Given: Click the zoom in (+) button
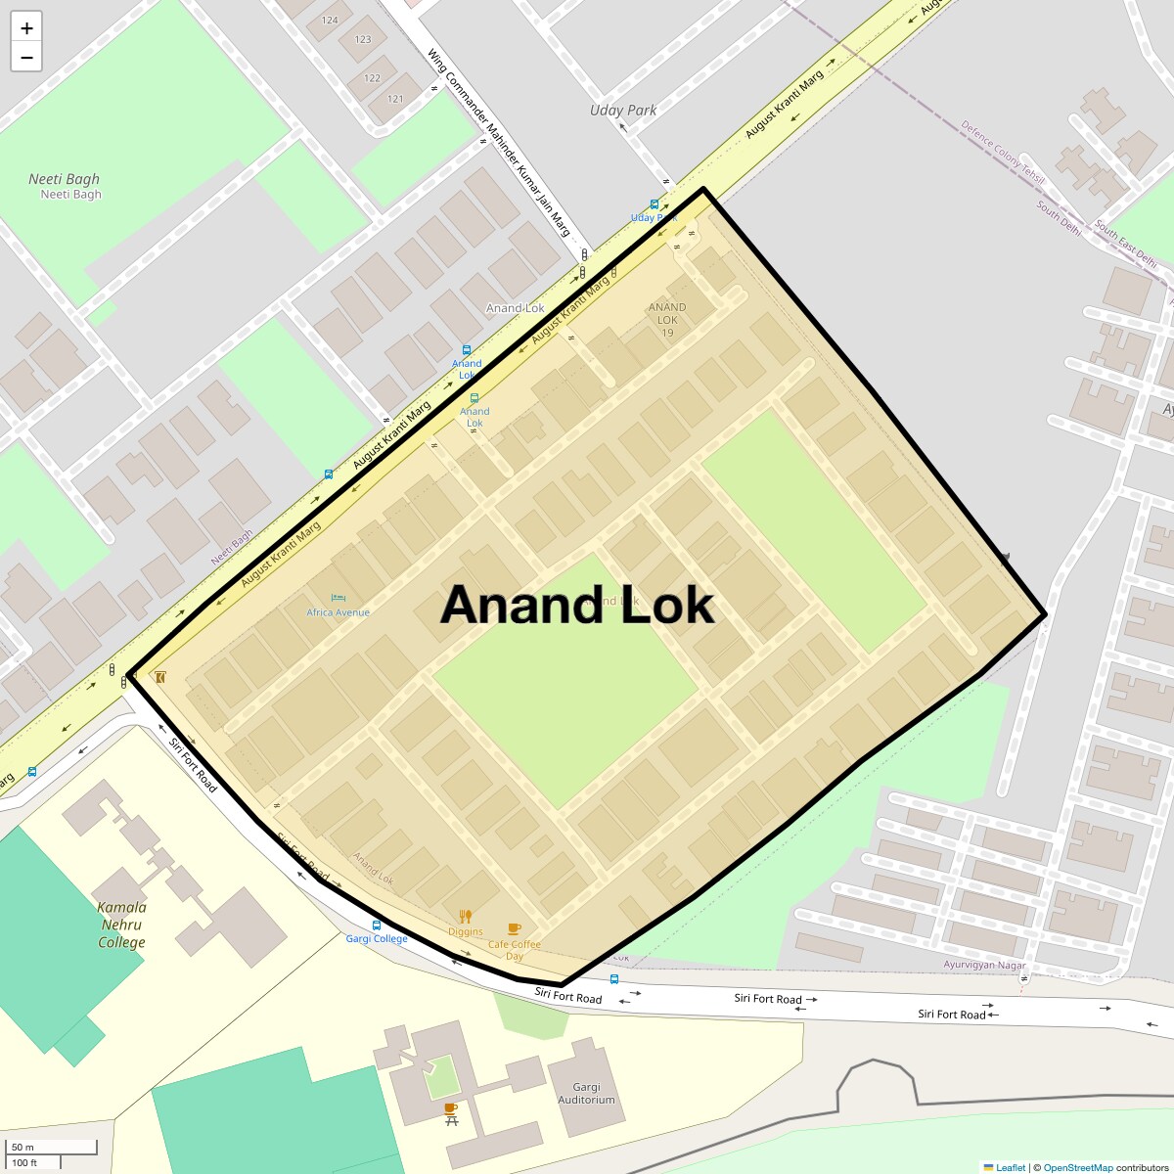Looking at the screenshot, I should (x=26, y=28).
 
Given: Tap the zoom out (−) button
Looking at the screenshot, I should (x=26, y=58).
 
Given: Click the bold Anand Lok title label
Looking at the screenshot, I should (x=577, y=606).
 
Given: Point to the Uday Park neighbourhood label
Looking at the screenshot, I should (x=623, y=111).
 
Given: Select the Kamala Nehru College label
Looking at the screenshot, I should (x=121, y=925).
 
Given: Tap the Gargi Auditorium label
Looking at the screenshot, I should (x=587, y=1093).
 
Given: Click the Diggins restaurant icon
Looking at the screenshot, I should (x=466, y=917).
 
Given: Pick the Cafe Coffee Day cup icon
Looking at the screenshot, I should (x=515, y=928).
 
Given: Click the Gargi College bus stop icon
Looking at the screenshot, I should (x=376, y=925).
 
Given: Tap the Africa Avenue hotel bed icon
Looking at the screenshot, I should (x=339, y=598).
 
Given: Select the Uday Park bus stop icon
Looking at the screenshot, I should (x=654, y=204).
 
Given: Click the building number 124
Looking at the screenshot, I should (x=330, y=20).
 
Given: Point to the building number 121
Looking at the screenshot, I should (x=395, y=99).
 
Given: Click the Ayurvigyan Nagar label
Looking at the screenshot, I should (x=984, y=965).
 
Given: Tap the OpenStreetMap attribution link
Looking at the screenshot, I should (x=1078, y=1167).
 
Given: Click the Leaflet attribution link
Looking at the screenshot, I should (x=1010, y=1167).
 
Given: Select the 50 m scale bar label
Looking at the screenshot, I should (x=23, y=1147).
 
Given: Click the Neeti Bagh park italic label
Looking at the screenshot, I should (x=65, y=179).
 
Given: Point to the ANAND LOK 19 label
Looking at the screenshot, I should (x=667, y=320).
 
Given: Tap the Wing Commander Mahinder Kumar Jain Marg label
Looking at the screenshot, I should (x=498, y=143).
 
